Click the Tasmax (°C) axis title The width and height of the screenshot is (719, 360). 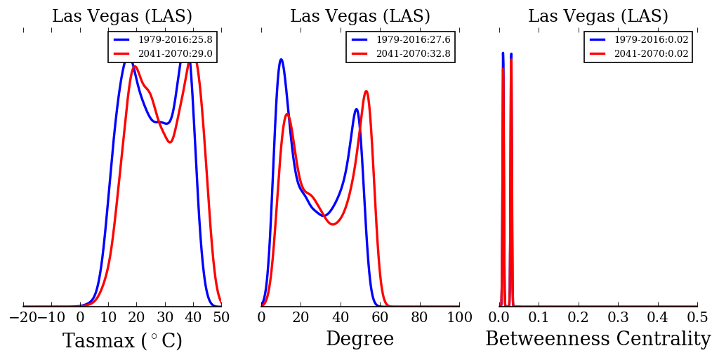[122, 341]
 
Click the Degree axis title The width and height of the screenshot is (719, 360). [359, 340]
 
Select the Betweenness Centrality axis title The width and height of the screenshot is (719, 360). [598, 340]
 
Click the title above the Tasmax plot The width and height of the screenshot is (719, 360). [122, 17]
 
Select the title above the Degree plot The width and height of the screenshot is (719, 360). [359, 17]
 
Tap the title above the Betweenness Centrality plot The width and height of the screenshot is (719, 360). [598, 17]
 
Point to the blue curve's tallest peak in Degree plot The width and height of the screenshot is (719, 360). [281, 59]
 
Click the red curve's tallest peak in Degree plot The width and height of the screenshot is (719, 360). [366, 91]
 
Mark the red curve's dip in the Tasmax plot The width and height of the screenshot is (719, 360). [169, 142]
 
